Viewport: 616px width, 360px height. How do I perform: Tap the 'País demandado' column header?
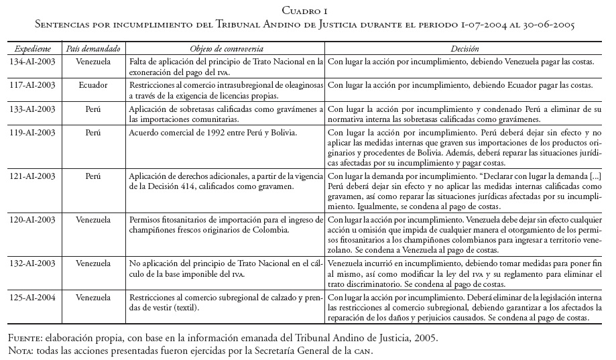click(93, 49)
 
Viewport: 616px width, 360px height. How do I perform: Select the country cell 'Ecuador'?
click(93, 86)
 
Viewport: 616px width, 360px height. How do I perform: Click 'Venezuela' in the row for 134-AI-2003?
click(93, 62)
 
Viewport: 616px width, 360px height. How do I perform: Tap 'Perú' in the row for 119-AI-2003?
click(93, 132)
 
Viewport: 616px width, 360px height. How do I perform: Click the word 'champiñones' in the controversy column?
click(155, 230)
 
